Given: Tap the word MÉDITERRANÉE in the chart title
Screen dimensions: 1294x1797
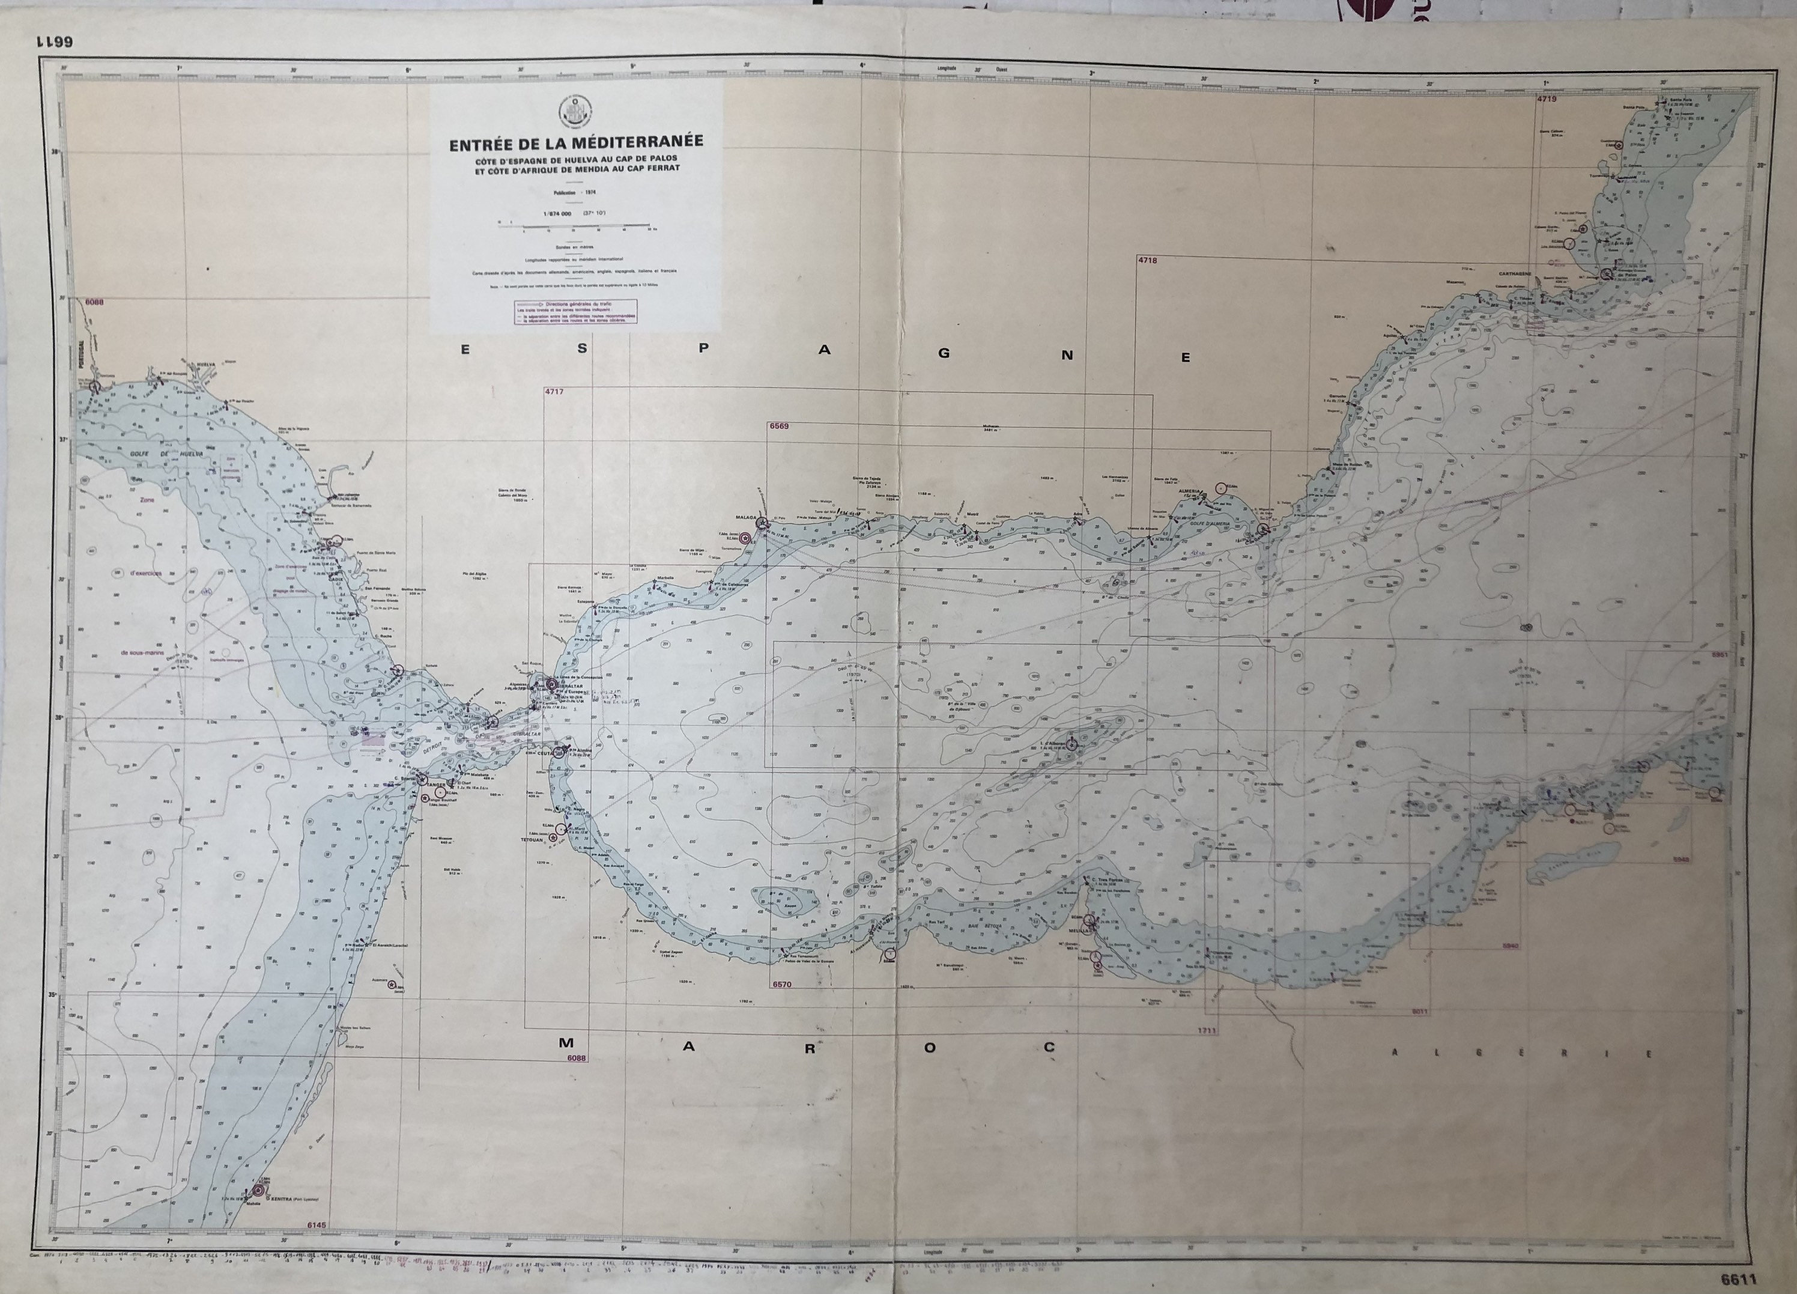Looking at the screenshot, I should point(642,144).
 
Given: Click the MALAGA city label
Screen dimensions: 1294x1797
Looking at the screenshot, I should point(747,517).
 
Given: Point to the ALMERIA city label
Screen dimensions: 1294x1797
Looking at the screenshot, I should point(1189,491).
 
